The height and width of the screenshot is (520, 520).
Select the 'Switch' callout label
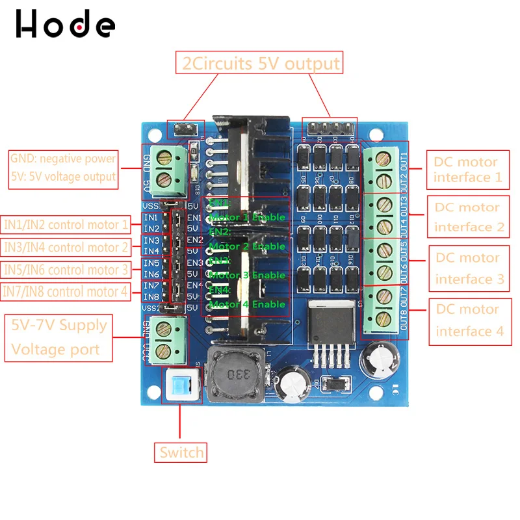(181, 452)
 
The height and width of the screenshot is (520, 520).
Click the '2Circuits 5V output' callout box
(259, 64)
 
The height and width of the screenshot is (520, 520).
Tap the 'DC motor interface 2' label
(467, 217)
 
